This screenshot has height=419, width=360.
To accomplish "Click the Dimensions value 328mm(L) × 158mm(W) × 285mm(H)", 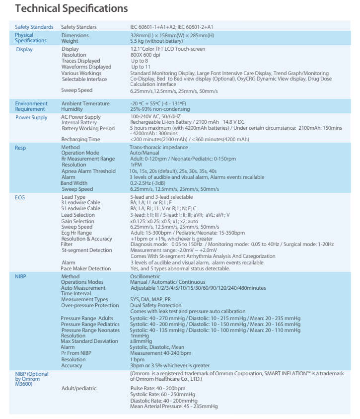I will point(172,35).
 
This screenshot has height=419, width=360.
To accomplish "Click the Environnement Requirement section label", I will point(32,106).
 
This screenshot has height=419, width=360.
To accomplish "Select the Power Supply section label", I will point(31,118).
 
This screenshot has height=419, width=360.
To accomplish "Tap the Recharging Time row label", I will point(81,139).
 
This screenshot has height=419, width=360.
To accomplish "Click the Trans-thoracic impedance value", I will point(158,148).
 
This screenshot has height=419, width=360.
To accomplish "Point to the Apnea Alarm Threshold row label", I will point(89,170).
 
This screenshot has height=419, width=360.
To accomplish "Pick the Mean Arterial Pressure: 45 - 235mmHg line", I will point(173,406).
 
